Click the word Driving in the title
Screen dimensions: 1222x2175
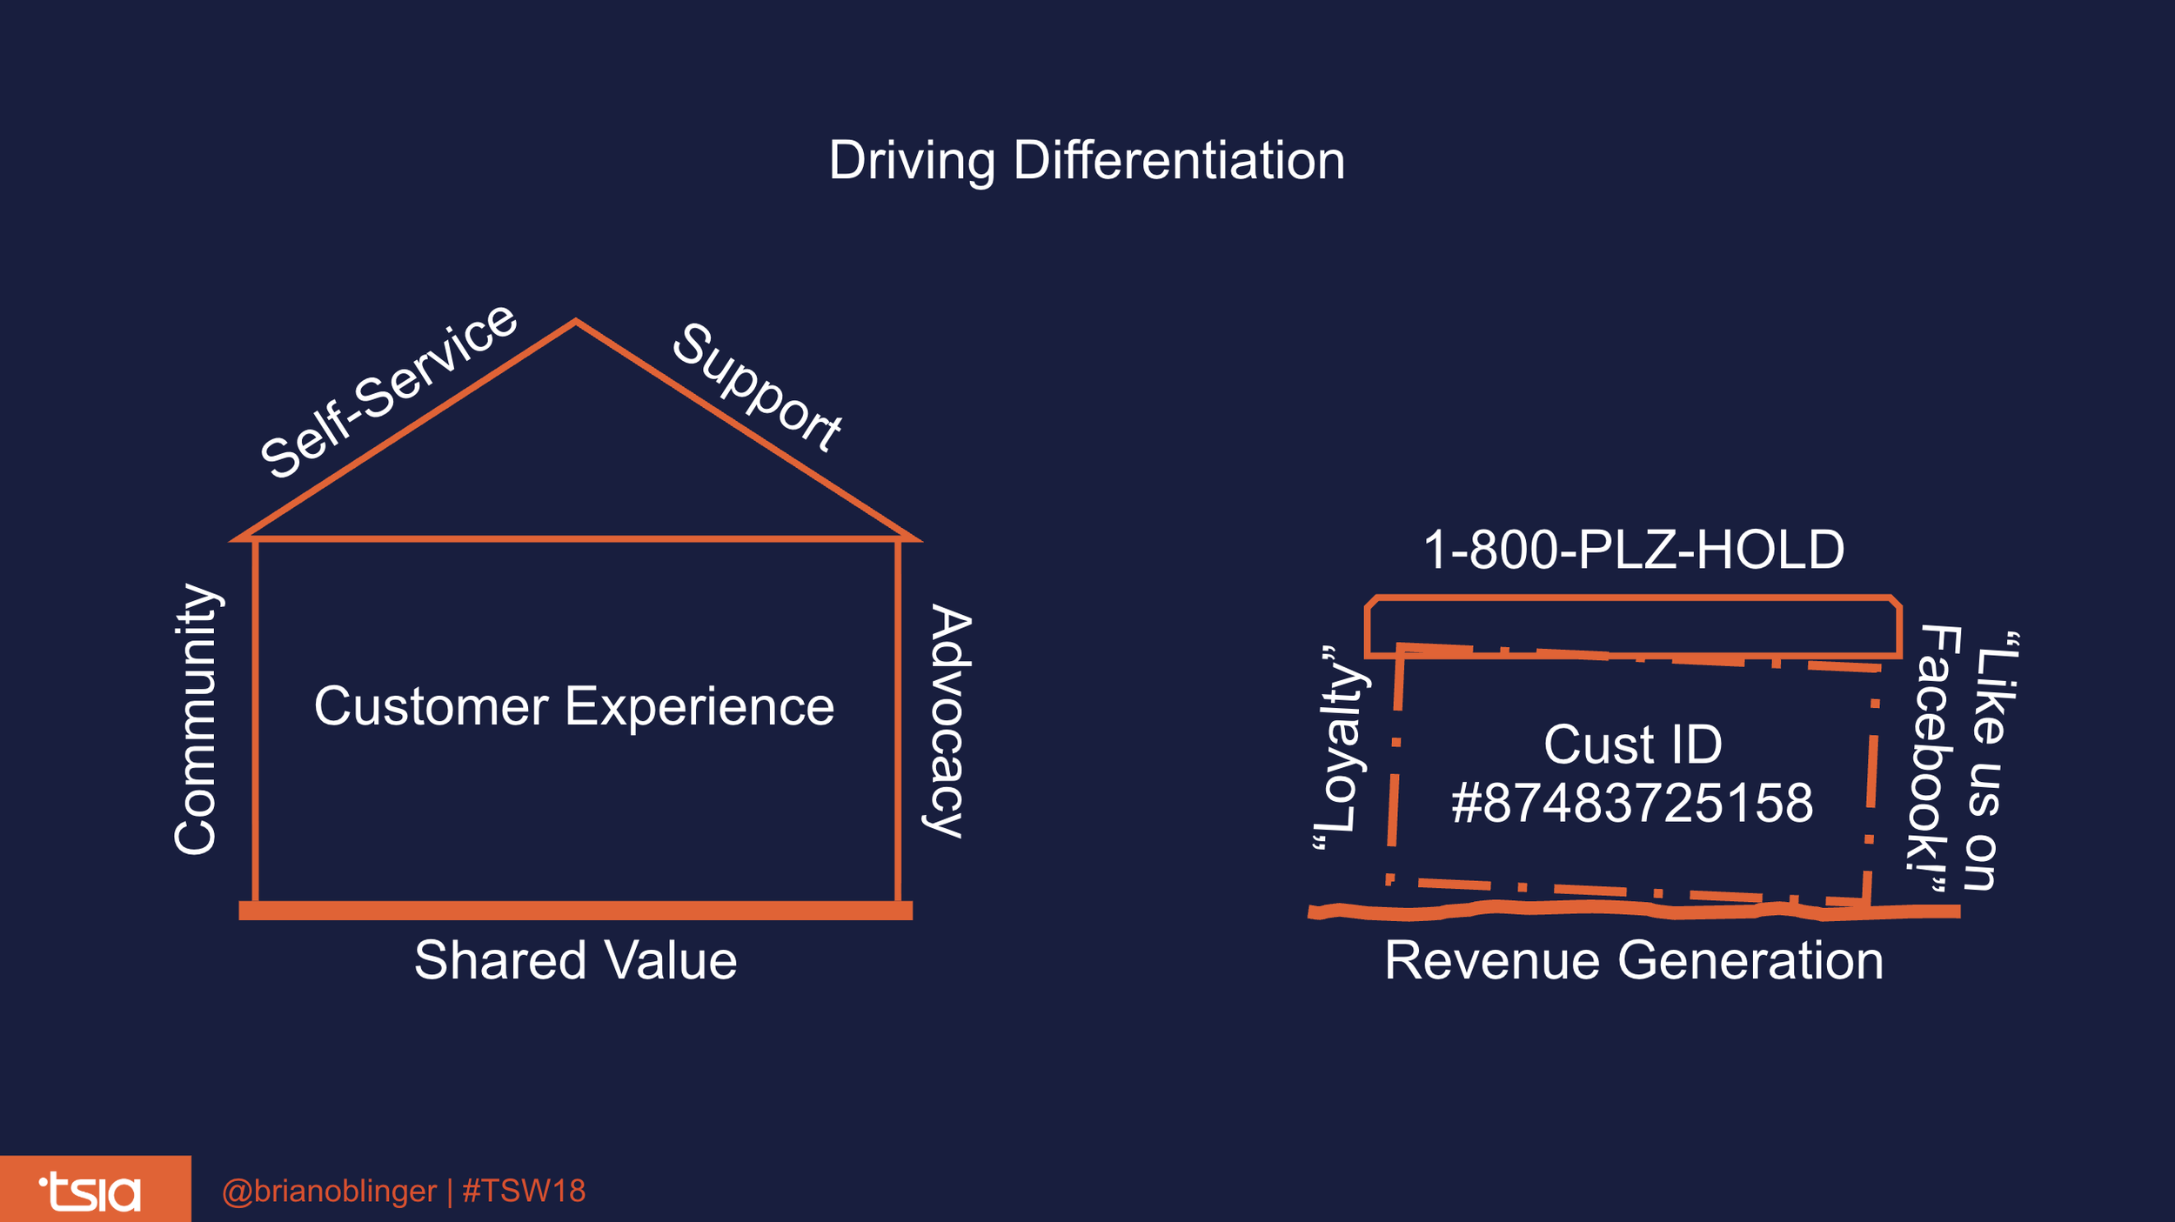pyautogui.click(x=911, y=162)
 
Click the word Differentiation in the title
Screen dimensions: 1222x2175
pyautogui.click(x=1179, y=161)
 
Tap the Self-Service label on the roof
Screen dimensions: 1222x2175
pyautogui.click(x=389, y=391)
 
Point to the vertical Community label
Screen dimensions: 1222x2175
pyautogui.click(x=195, y=719)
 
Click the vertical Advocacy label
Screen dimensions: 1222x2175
pyautogui.click(x=949, y=721)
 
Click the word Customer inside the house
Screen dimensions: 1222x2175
pyautogui.click(x=431, y=706)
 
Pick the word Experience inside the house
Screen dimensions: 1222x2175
pyautogui.click(x=699, y=706)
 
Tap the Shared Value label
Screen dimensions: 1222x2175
pyautogui.click(x=575, y=960)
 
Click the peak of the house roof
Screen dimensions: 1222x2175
pyautogui.click(x=575, y=323)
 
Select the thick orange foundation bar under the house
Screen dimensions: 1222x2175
pyautogui.click(x=575, y=911)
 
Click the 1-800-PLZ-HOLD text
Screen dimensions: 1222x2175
pyautogui.click(x=1633, y=550)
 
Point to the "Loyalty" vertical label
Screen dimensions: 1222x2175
pyautogui.click(x=1341, y=748)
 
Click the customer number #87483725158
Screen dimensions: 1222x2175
pyautogui.click(x=1632, y=803)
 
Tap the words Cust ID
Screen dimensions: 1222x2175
pyautogui.click(x=1632, y=745)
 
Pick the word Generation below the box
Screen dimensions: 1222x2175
pyautogui.click(x=1750, y=960)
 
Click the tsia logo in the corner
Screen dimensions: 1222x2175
pyautogui.click(x=90, y=1192)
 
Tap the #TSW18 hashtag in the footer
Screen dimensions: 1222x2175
pyautogui.click(x=524, y=1191)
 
